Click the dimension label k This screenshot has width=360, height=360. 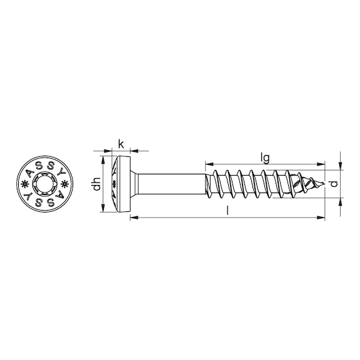[121, 144]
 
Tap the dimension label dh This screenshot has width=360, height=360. [97, 184]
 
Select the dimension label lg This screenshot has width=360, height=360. [265, 158]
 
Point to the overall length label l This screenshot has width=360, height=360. [227, 210]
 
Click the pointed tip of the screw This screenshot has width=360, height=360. [324, 184]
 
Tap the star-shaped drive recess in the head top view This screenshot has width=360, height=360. [45, 184]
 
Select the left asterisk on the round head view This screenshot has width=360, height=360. [24, 184]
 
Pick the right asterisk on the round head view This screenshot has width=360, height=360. [65, 184]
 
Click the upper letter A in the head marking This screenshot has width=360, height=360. [30, 174]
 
